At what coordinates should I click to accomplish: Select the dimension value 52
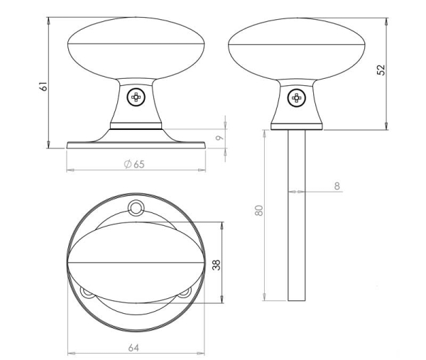click(382, 70)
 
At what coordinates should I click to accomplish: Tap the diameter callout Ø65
click(133, 164)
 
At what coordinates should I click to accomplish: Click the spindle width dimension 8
click(337, 186)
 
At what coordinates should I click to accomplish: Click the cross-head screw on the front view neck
click(135, 97)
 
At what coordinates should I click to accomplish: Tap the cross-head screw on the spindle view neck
click(297, 97)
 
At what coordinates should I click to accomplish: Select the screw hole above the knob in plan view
click(135, 207)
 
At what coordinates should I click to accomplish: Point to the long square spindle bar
click(297, 213)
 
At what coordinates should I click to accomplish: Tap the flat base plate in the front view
click(135, 145)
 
